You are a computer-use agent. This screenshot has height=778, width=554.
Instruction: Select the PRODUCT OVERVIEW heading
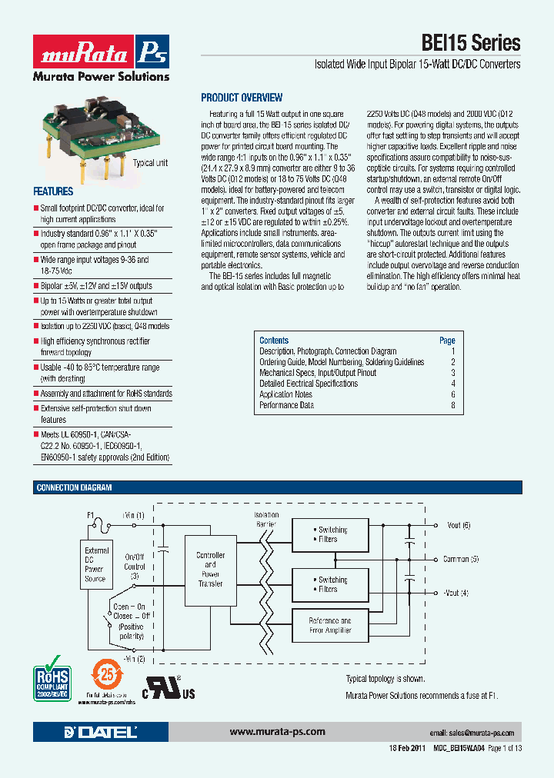[x=242, y=98]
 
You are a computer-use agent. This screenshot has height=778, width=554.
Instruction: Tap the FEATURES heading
[x=53, y=191]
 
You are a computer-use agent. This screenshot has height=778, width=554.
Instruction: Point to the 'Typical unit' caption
[x=149, y=163]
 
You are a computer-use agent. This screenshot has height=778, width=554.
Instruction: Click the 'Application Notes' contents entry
[x=285, y=394]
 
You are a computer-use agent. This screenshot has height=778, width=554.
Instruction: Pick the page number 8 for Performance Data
[x=453, y=405]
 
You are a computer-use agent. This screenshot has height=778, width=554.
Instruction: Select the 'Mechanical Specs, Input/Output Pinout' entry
[x=318, y=373]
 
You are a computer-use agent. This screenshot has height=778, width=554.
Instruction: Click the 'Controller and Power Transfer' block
[x=210, y=569]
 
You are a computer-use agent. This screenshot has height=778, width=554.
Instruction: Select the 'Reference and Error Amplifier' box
[x=329, y=625]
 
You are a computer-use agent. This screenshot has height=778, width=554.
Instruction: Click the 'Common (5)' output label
[x=460, y=559]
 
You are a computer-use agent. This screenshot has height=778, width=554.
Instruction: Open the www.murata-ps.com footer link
[x=277, y=732]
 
